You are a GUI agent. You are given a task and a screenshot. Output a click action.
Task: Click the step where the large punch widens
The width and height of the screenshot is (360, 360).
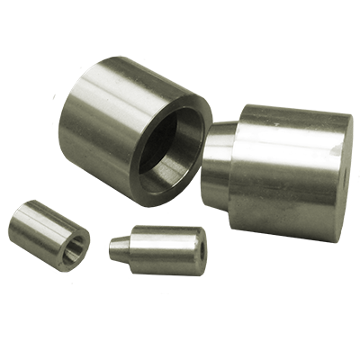pos(232,171)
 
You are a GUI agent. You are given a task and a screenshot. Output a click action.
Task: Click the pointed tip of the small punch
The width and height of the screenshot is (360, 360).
pos(112,245)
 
